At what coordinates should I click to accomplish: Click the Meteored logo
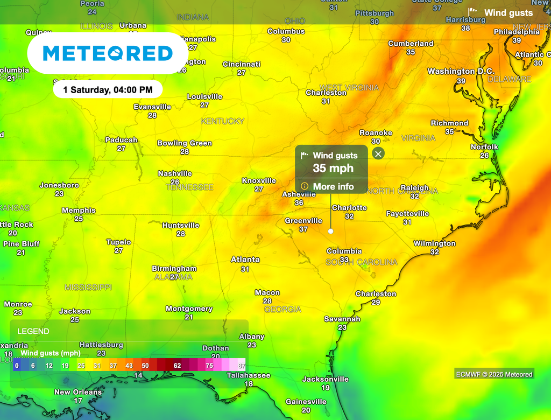(108, 53)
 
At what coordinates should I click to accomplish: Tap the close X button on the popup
(378, 154)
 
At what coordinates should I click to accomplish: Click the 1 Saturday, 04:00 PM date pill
(108, 90)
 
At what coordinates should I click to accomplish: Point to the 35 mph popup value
(333, 168)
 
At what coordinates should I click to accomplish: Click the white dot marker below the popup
(330, 231)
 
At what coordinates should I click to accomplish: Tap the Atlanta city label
(245, 260)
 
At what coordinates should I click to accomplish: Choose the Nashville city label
(175, 173)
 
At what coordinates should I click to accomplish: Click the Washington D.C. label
(451, 71)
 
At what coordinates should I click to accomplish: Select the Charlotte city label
(349, 208)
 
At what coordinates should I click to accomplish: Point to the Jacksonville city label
(325, 379)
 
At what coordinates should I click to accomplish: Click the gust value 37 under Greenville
(303, 229)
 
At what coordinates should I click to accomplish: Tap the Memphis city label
(79, 211)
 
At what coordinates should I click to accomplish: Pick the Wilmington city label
(434, 243)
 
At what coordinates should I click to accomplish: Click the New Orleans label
(78, 392)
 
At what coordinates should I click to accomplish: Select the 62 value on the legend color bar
(177, 365)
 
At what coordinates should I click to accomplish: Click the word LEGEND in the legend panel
(33, 332)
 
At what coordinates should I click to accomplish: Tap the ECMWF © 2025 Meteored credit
(494, 374)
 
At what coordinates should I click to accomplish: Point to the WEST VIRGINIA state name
(349, 87)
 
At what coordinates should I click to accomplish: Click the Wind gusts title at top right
(508, 13)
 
